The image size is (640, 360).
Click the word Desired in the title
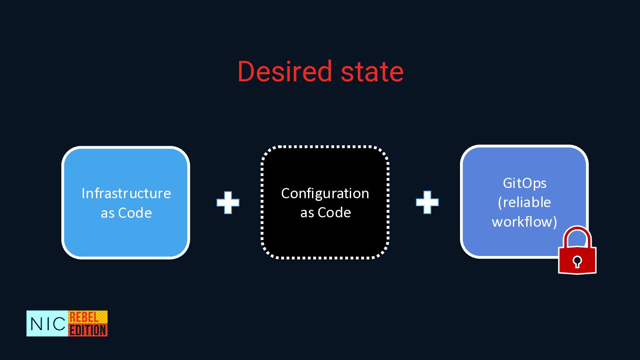pyautogui.click(x=284, y=72)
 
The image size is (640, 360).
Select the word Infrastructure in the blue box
pyautogui.click(x=126, y=193)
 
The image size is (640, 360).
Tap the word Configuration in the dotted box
pyautogui.click(x=325, y=193)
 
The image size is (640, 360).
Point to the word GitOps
pyautogui.click(x=524, y=183)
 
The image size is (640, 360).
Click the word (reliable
pyautogui.click(x=524, y=202)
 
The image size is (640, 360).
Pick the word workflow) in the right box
pyautogui.click(x=524, y=221)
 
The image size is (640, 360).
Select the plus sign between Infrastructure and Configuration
pyautogui.click(x=228, y=203)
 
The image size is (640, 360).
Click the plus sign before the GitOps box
pyautogui.click(x=427, y=203)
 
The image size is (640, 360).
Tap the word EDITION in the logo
pyautogui.click(x=88, y=330)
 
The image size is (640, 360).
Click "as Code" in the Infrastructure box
pyautogui.click(x=126, y=213)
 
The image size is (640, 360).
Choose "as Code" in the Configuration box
pyautogui.click(x=325, y=212)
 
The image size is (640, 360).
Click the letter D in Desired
pyautogui.click(x=246, y=72)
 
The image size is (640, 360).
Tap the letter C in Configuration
pyautogui.click(x=286, y=193)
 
